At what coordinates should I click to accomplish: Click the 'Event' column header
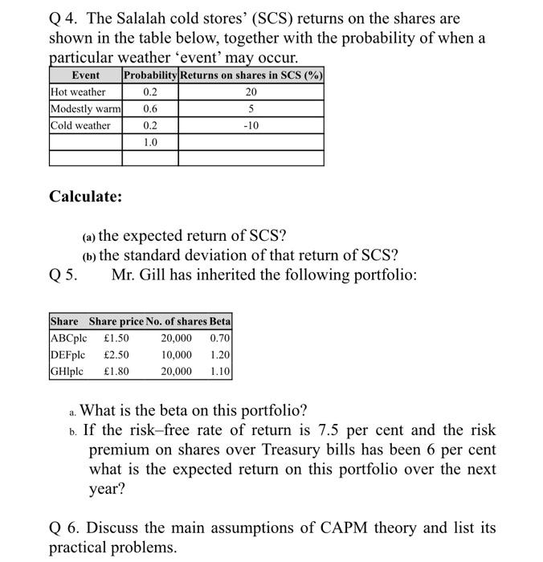(86, 75)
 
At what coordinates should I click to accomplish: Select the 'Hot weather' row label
(78, 92)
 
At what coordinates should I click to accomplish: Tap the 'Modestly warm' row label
(85, 109)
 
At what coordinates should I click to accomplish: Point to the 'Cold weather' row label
(80, 125)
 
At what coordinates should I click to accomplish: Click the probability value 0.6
(150, 109)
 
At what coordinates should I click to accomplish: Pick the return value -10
(251, 125)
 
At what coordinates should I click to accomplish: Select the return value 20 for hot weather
(251, 92)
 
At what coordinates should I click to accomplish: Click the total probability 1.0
(150, 142)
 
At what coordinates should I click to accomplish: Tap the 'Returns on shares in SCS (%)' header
(251, 75)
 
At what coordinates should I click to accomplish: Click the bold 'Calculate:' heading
(86, 196)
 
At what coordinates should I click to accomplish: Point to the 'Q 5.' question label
(64, 275)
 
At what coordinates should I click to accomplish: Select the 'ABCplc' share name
(67, 338)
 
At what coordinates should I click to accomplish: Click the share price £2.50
(116, 355)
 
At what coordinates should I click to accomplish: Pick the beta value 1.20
(219, 355)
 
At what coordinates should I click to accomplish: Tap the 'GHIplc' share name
(67, 372)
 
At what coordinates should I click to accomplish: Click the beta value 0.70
(219, 338)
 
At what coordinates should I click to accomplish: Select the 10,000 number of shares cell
(177, 355)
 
